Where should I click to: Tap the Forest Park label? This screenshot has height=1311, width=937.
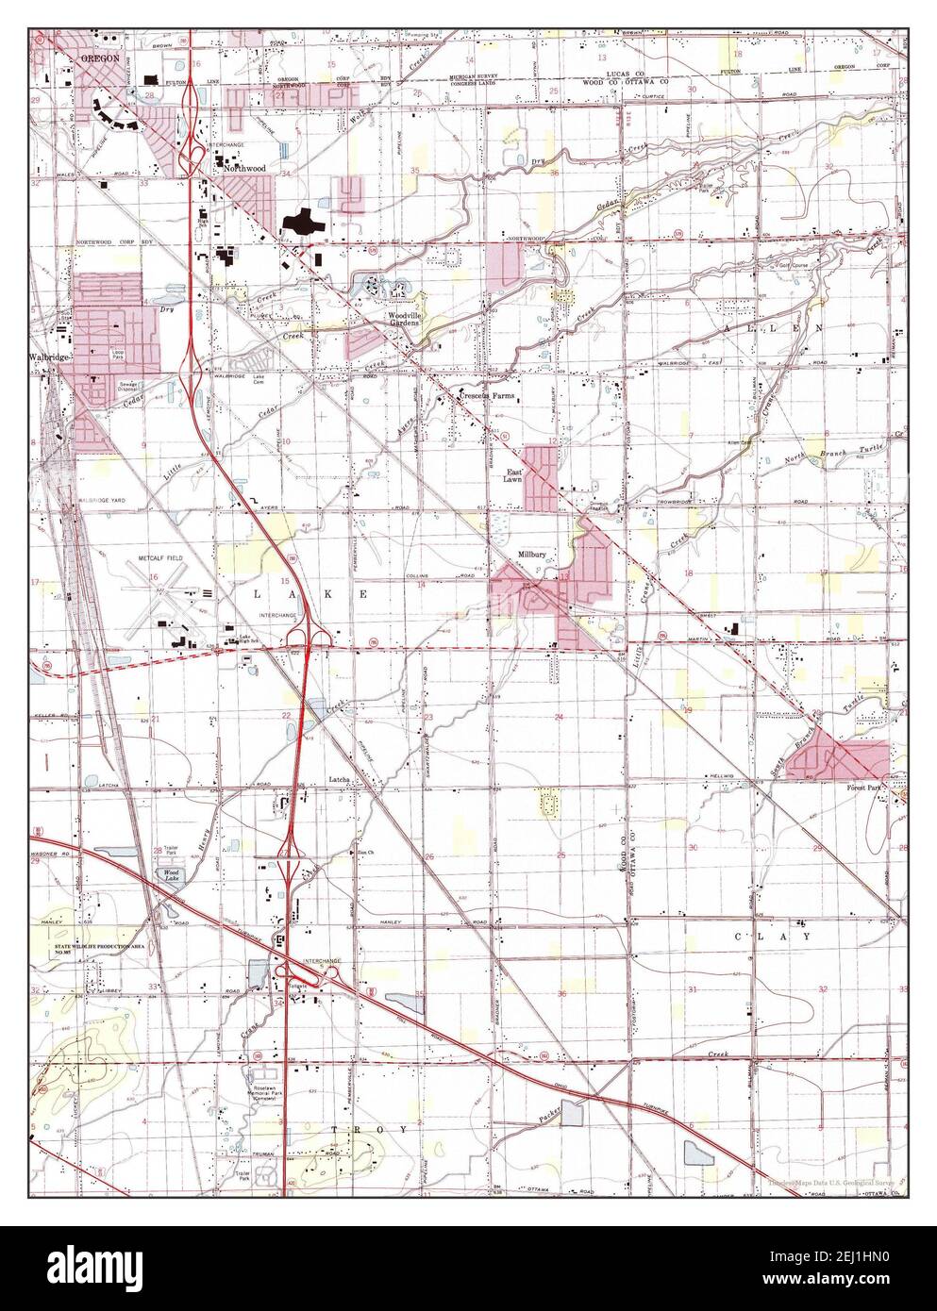[x=865, y=791]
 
